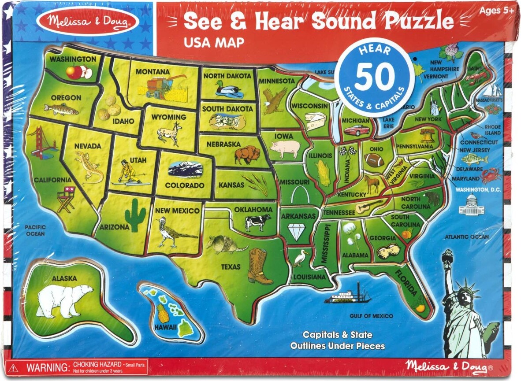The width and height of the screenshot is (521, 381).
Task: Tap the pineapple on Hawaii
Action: tap(163, 313)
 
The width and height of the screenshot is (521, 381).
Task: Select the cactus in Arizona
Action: tap(135, 215)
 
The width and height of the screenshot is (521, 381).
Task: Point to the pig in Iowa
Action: tap(284, 149)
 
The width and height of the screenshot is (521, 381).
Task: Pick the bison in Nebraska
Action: tap(247, 155)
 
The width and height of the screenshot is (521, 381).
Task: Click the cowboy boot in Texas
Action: tap(259, 266)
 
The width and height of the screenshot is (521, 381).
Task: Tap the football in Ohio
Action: tap(374, 159)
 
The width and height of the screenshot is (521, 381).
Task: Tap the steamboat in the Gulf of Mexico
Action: tap(347, 295)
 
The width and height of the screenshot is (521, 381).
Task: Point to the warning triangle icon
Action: tap(15, 368)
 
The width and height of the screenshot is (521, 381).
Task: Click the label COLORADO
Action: tap(184, 185)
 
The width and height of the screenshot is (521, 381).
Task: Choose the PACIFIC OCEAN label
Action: tap(35, 230)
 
